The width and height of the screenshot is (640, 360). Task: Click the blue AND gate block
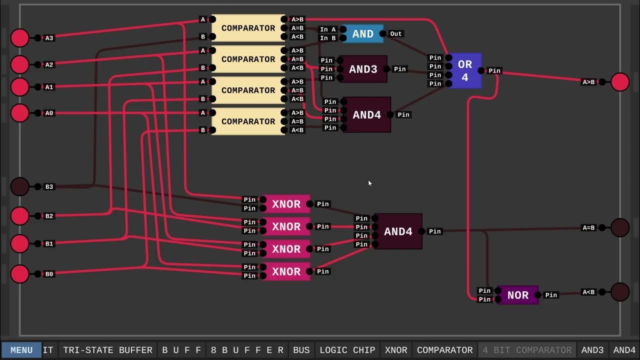pos(363,34)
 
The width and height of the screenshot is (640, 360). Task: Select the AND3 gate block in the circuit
pos(363,69)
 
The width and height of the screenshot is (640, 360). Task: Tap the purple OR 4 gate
pos(464,70)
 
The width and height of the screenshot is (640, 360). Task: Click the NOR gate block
pos(517,295)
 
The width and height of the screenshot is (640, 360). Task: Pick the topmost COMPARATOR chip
pos(248,28)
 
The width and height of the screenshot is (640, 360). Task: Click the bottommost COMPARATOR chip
pos(248,121)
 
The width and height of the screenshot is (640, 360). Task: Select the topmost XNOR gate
pos(286,204)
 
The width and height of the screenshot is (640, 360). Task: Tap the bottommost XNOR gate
pos(286,271)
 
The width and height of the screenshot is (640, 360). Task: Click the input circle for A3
pos(20,38)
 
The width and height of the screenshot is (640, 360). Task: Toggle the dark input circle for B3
pos(20,186)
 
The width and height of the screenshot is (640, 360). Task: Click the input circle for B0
pos(20,274)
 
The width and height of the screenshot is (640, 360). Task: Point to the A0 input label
pos(49,113)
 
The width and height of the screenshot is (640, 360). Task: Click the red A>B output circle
pos(620,82)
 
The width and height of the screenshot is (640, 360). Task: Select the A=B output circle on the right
pos(620,227)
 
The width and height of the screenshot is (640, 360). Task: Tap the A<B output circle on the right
pos(620,292)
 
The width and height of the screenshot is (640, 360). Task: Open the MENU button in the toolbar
pos(21,350)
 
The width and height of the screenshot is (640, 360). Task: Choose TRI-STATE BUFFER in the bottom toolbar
pos(107,350)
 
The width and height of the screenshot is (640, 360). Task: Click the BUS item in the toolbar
pos(301,350)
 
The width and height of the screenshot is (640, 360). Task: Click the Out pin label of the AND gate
pos(395,34)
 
